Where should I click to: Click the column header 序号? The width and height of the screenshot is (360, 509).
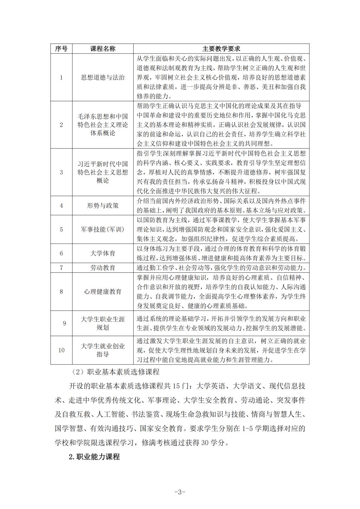click(61, 49)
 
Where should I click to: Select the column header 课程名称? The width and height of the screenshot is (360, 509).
click(103, 49)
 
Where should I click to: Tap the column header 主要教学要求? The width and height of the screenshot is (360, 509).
click(221, 49)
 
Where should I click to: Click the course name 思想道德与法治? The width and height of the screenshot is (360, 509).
click(103, 77)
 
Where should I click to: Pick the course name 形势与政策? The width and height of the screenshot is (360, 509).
click(103, 206)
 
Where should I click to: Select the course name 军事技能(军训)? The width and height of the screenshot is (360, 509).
click(103, 230)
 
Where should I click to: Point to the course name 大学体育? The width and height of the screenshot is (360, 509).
click(103, 253)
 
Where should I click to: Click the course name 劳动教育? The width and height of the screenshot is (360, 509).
click(103, 268)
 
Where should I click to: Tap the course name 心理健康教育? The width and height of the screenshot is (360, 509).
click(103, 291)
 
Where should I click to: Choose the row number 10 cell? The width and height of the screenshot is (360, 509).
click(61, 350)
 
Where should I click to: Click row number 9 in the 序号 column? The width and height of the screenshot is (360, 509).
click(64, 323)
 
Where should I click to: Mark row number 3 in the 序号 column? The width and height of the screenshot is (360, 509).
click(61, 172)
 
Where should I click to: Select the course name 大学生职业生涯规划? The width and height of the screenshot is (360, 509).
click(103, 323)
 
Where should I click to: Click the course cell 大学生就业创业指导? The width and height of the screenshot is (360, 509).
click(103, 350)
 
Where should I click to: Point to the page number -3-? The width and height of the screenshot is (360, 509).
click(180, 492)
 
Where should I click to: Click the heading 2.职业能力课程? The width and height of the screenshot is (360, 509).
click(94, 457)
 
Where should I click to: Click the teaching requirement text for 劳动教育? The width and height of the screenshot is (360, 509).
click(221, 268)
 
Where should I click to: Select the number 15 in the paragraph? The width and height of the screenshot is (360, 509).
click(177, 386)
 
